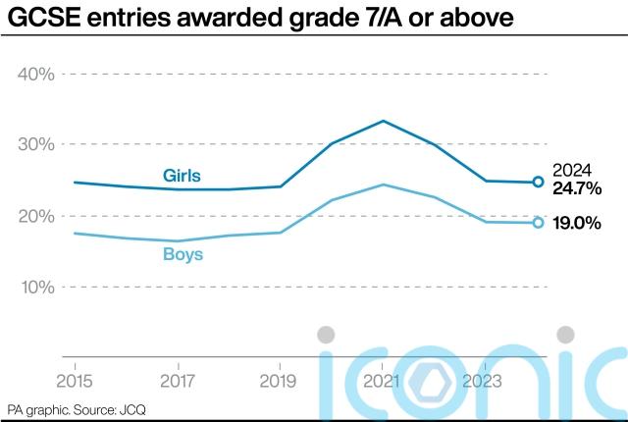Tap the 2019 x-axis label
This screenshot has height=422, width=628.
[281, 380]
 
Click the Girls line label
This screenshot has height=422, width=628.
[182, 176]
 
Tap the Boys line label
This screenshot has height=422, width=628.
[183, 254]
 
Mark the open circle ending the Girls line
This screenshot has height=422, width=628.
[538, 182]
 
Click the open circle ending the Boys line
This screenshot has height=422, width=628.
[538, 223]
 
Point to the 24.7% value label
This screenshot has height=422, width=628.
[576, 186]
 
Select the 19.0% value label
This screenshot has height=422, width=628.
[576, 223]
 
